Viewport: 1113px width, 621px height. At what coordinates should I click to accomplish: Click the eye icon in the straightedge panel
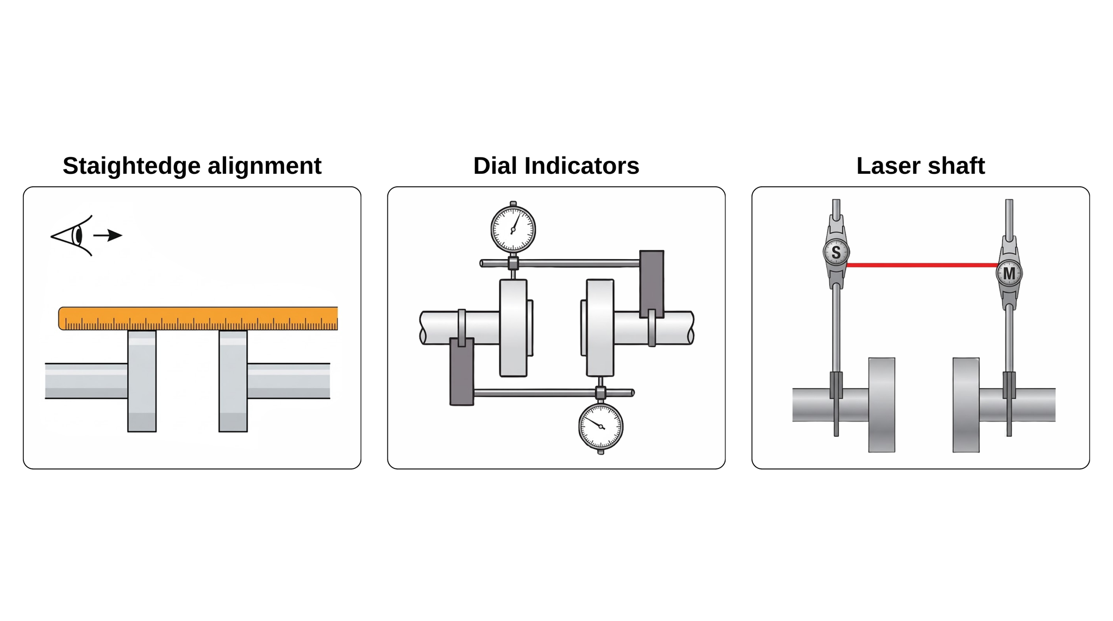pos(72,236)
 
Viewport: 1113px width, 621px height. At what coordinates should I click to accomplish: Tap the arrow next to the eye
pos(108,235)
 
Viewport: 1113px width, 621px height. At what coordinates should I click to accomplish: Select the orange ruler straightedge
pos(198,318)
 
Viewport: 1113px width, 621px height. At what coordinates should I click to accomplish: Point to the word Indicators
pos(582,166)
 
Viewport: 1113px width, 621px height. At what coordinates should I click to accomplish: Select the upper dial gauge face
pos(513,229)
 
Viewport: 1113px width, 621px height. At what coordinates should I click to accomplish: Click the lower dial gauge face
pos(601,426)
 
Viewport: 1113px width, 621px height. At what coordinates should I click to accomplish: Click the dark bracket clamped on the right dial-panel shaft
pos(652,284)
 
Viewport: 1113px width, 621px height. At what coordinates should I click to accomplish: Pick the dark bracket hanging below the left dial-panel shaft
pos(462,372)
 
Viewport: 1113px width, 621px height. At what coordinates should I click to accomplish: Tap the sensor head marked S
pos(836,252)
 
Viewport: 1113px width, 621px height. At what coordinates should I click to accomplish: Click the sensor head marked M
pos(1009,273)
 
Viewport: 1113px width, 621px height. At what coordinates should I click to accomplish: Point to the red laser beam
pos(922,265)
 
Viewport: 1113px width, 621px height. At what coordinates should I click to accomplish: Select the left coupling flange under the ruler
pos(142,381)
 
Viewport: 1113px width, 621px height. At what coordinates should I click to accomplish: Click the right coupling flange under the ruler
pos(233,381)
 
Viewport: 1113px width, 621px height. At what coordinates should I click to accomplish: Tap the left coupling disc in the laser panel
pos(881,405)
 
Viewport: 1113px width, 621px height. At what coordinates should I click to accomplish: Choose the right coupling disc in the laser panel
pos(966,405)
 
